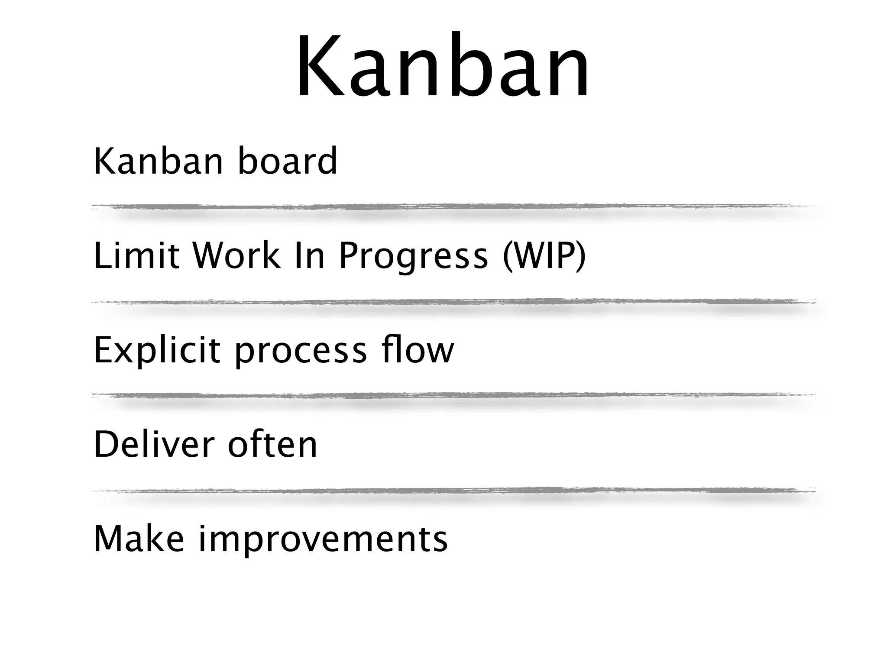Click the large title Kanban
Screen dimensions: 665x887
(443, 67)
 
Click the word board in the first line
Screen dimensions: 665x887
(288, 161)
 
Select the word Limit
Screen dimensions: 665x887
(136, 255)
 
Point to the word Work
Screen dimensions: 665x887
(236, 255)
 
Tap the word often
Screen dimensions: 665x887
(272, 445)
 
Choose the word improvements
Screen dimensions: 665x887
(323, 540)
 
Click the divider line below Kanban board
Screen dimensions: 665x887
(453, 207)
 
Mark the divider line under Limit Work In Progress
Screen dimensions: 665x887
(453, 302)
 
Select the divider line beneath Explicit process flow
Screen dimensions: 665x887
(453, 396)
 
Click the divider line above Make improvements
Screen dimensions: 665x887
(453, 491)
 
